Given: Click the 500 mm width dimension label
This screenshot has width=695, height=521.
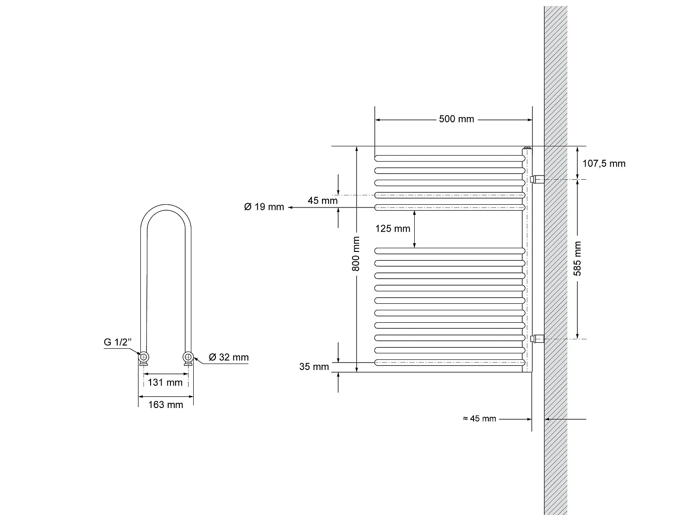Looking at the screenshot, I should pyautogui.click(x=456, y=119).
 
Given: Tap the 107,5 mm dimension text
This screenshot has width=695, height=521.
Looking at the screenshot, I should pyautogui.click(x=604, y=163).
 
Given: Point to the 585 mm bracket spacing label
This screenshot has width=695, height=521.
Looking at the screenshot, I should pyautogui.click(x=578, y=258).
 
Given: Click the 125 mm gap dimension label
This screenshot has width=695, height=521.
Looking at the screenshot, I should pyautogui.click(x=393, y=228).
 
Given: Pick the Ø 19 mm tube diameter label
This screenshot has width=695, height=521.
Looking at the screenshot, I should pyautogui.click(x=264, y=207).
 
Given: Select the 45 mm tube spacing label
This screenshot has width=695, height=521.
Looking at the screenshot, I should pyautogui.click(x=322, y=201).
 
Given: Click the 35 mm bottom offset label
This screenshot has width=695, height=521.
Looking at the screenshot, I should pyautogui.click(x=314, y=367).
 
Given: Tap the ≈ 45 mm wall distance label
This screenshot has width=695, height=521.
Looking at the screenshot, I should pyautogui.click(x=480, y=419).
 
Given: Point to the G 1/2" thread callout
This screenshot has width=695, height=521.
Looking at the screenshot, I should pyautogui.click(x=118, y=342).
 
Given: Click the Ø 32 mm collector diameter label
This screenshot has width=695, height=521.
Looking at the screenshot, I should pyautogui.click(x=228, y=357).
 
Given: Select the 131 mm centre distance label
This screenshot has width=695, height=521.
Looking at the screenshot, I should pyautogui.click(x=165, y=383).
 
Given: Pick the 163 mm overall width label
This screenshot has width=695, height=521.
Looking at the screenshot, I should pyautogui.click(x=165, y=405).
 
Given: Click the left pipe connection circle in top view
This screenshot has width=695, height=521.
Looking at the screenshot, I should pyautogui.click(x=144, y=357).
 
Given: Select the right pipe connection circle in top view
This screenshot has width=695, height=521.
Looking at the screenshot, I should pyautogui.click(x=188, y=357).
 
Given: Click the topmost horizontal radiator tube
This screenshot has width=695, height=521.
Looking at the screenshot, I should pyautogui.click(x=449, y=158).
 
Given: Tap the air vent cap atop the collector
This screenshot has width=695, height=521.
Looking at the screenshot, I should pyautogui.click(x=527, y=148).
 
